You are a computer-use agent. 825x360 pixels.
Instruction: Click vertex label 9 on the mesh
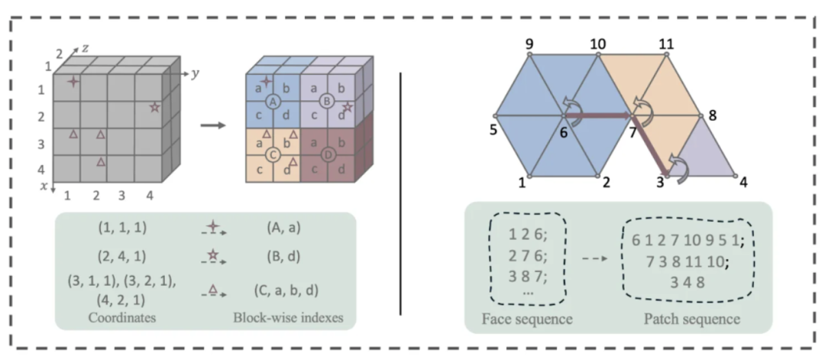529,43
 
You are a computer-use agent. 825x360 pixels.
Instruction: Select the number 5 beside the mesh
493,129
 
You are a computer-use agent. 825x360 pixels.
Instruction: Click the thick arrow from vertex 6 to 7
597,115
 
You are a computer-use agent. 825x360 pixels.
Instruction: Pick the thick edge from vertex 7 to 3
649,144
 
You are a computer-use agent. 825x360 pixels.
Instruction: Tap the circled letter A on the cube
272,102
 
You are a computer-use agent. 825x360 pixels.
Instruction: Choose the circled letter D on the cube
327,156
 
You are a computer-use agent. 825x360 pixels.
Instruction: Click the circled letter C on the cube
272,155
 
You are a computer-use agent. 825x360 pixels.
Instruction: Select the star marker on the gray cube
154,107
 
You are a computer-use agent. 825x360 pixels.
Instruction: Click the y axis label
195,74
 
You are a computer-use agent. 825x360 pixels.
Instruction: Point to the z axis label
84,49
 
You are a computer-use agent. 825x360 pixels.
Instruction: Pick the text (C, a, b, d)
285,290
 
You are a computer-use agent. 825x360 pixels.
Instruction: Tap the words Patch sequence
692,319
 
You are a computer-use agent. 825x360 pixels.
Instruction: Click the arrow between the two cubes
213,126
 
